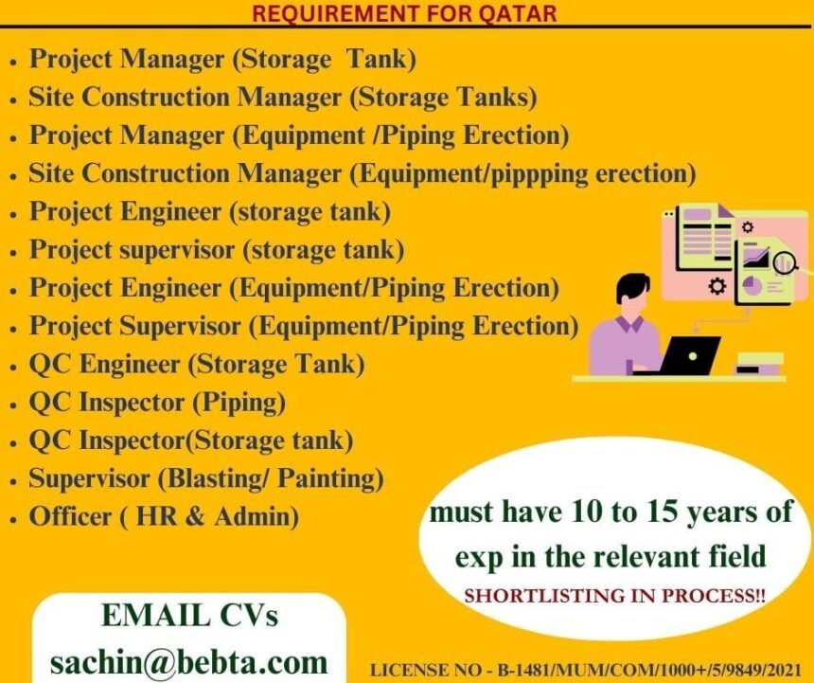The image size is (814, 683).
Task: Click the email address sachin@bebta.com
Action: click(189, 663)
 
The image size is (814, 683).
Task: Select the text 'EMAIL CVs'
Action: click(189, 615)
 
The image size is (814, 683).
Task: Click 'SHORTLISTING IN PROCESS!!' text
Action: click(614, 595)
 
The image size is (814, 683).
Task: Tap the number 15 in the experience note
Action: click(664, 512)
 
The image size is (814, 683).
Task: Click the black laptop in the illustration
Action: click(679, 356)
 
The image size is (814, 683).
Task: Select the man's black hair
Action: click(632, 287)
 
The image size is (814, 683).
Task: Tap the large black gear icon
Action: click(717, 286)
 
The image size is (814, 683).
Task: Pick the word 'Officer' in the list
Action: click(70, 517)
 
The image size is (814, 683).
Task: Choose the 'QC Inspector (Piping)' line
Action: click(157, 403)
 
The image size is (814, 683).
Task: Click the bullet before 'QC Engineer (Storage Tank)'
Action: click(13, 368)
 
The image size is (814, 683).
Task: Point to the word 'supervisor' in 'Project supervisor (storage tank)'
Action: click(177, 250)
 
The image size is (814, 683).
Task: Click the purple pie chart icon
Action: click(752, 286)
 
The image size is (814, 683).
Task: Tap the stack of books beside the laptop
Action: click(758, 363)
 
